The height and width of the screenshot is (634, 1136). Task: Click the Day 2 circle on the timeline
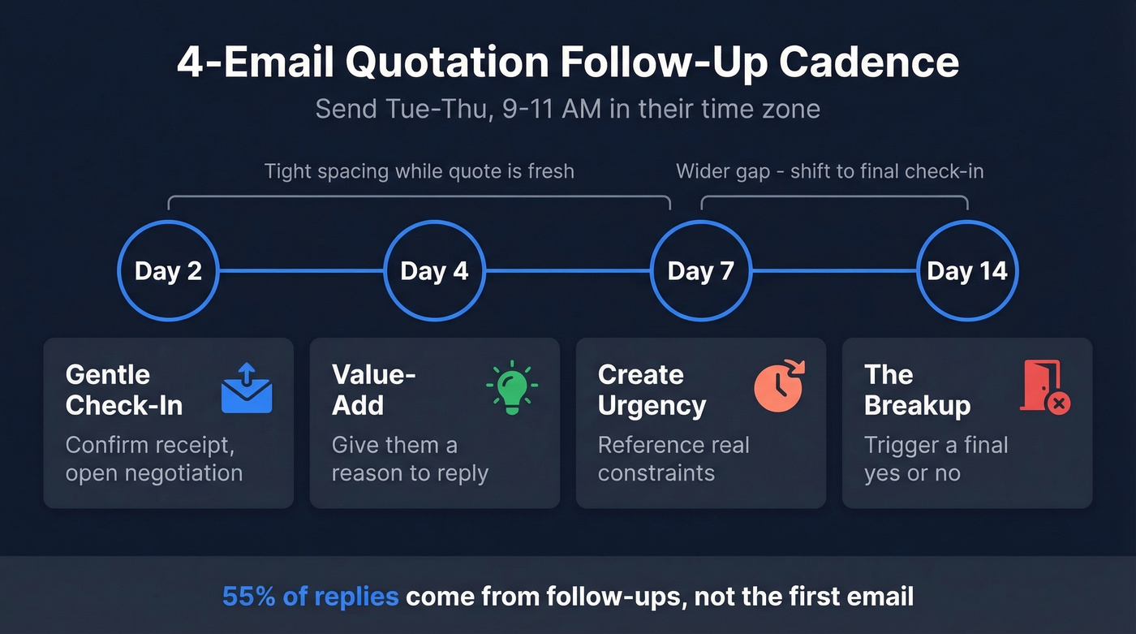pyautogui.click(x=168, y=270)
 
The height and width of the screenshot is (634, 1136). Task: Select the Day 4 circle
pyautogui.click(x=434, y=270)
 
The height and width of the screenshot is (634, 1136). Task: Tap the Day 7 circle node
pyautogui.click(x=701, y=270)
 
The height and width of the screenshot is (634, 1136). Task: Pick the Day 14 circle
pyautogui.click(x=966, y=270)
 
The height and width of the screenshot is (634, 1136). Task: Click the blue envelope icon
pyautogui.click(x=247, y=389)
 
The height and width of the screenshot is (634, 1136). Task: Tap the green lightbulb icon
pyautogui.click(x=512, y=389)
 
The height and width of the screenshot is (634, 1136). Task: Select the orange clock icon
pyautogui.click(x=778, y=388)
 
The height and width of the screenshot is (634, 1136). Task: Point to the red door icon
pyautogui.click(x=1044, y=389)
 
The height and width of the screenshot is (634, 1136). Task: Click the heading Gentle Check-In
pyautogui.click(x=124, y=390)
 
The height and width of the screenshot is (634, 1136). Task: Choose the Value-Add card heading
pyautogui.click(x=373, y=390)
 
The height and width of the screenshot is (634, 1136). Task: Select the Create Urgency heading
pyautogui.click(x=652, y=390)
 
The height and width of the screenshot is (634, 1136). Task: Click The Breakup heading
pyautogui.click(x=917, y=390)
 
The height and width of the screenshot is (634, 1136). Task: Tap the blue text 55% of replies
pyautogui.click(x=310, y=597)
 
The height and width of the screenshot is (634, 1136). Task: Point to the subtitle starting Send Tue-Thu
pyautogui.click(x=567, y=109)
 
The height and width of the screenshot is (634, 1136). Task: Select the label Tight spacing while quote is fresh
pyautogui.click(x=419, y=171)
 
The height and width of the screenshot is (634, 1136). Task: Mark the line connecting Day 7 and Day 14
pyautogui.click(x=833, y=270)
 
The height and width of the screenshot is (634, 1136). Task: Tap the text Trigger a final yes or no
pyautogui.click(x=936, y=459)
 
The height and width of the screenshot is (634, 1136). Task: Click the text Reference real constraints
pyautogui.click(x=673, y=459)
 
